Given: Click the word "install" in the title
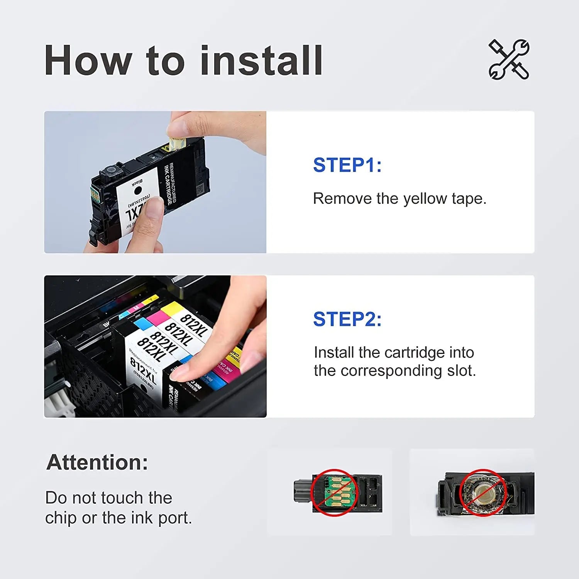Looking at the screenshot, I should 261,61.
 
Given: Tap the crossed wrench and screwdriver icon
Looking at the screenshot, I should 509,59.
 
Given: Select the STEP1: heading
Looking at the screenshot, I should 347,165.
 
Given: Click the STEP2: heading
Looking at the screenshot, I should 347,319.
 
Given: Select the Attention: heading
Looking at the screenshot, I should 97,462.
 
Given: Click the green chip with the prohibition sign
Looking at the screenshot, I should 334,493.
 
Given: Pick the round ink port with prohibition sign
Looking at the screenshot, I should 482,493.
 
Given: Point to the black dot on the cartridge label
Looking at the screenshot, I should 137,190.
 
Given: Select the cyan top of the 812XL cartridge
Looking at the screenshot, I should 142,324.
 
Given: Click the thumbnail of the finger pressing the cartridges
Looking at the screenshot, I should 155,346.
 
